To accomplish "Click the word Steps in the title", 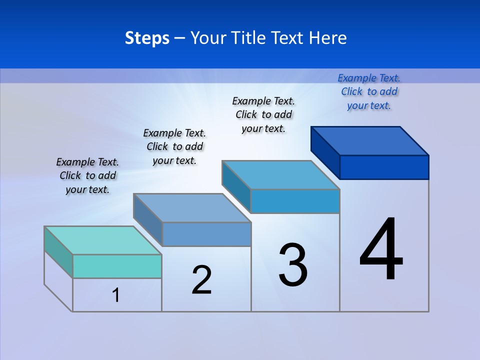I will [147, 38].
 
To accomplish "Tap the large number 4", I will [381, 249].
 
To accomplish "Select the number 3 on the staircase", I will [293, 265].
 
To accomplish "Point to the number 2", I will [202, 280].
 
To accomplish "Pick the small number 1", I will [116, 295].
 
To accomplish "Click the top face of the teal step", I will [102, 240].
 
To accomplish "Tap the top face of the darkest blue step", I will [370, 140].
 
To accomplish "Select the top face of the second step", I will [192, 208].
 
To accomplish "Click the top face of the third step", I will [281, 175].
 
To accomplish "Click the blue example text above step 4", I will [369, 91].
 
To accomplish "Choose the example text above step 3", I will [263, 114].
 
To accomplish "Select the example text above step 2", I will [174, 146].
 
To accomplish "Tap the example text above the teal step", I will [87, 175].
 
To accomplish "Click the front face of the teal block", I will [117, 266].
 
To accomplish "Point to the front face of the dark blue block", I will [384, 167].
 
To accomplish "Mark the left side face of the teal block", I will [58, 252].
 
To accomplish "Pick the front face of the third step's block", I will [295, 201].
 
